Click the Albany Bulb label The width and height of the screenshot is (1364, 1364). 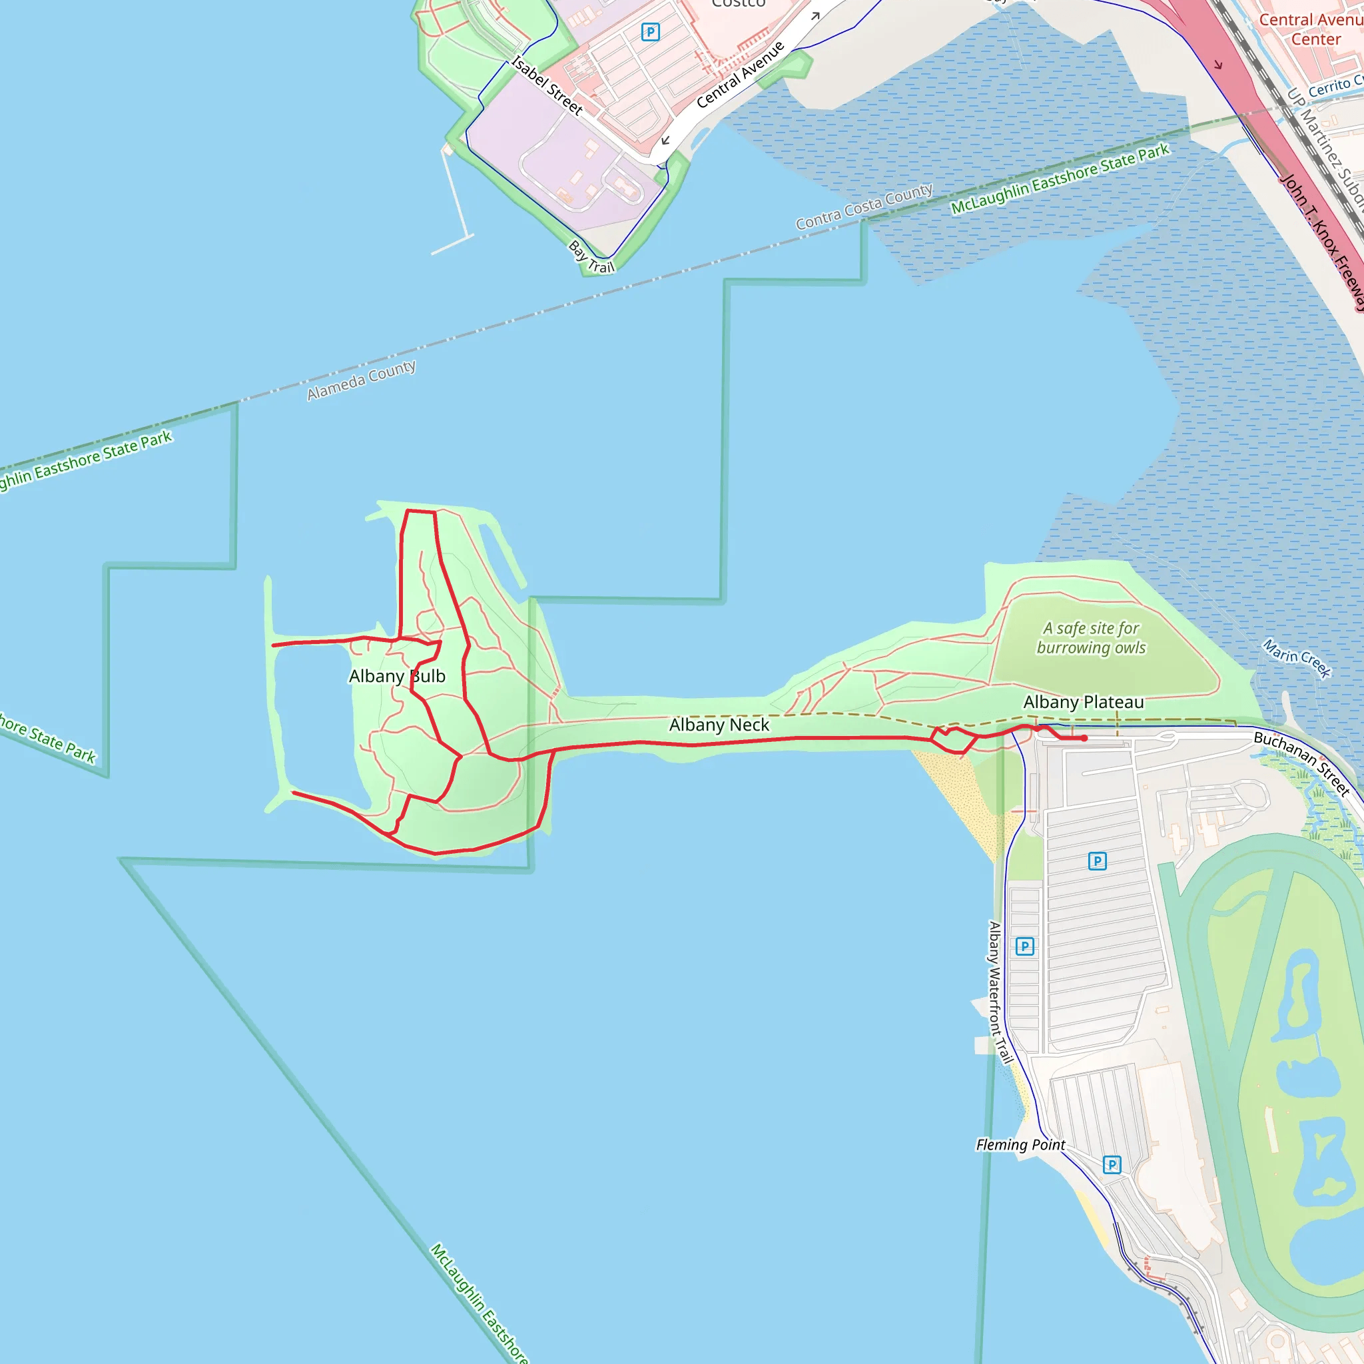397,677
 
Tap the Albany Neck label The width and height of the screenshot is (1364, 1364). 719,725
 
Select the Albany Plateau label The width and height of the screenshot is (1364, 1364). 1083,702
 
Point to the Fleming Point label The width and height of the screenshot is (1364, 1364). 1020,1144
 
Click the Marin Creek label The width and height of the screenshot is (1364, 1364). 1296,658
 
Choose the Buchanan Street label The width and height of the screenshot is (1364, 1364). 1301,763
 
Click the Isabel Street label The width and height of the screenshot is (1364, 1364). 547,86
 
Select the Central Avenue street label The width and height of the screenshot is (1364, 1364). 740,75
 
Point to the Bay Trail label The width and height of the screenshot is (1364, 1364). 591,257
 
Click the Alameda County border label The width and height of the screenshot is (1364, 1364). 361,380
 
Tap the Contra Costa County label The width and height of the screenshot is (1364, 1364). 864,207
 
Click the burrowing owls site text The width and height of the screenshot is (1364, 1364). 1091,637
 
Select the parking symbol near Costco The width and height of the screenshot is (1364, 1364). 650,32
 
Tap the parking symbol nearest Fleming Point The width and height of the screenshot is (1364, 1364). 1112,1164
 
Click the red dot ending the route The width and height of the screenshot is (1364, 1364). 1084,739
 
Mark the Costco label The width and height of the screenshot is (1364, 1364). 738,3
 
